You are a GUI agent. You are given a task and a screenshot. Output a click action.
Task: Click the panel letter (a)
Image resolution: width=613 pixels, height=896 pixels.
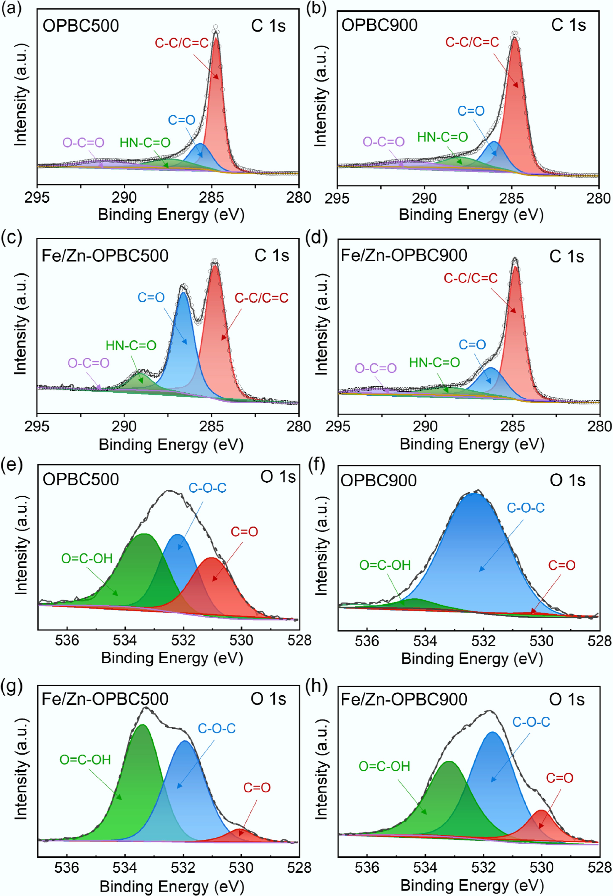pos(11,8)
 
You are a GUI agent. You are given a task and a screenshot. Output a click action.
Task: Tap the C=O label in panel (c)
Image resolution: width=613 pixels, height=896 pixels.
pos(151,297)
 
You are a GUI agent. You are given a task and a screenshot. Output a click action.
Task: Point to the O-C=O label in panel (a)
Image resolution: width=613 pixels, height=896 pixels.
pos(83,143)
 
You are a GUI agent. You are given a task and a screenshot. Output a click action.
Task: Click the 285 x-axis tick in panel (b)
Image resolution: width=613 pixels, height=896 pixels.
pos(512,198)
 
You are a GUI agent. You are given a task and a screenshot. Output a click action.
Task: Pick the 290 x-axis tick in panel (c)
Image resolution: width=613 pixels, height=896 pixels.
pos(124,426)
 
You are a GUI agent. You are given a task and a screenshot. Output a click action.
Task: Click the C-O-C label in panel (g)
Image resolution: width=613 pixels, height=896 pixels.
pos(217,728)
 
